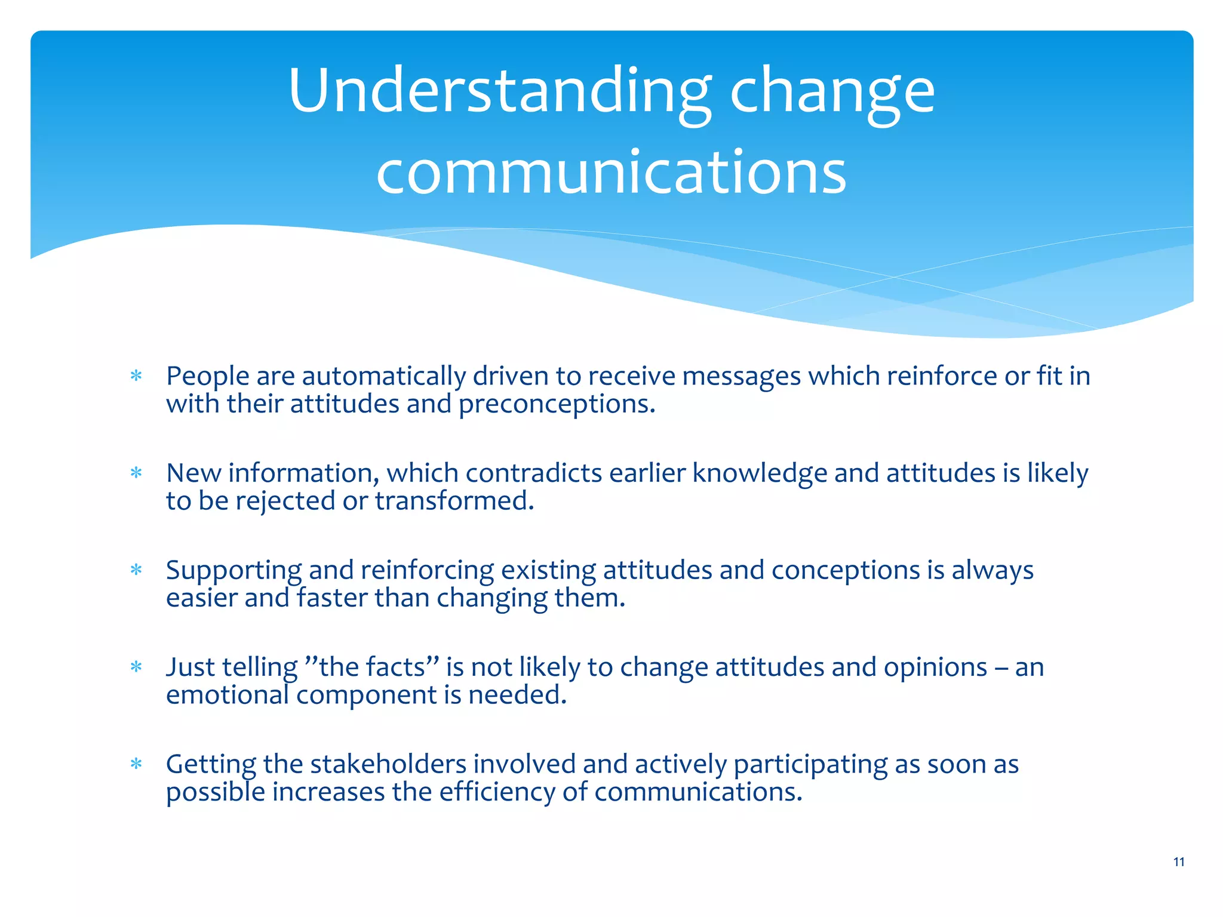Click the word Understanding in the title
coord(499,91)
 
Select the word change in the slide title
coord(832,91)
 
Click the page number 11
coord(1178,861)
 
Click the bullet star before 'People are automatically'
coord(137,376)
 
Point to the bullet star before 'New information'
coord(137,473)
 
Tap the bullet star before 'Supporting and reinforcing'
coord(137,570)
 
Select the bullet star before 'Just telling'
coord(137,667)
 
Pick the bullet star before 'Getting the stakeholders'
coord(137,764)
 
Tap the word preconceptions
coord(557,404)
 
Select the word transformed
coord(454,501)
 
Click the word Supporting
coord(233,570)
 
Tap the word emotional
coord(227,695)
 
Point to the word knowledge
coord(760,473)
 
